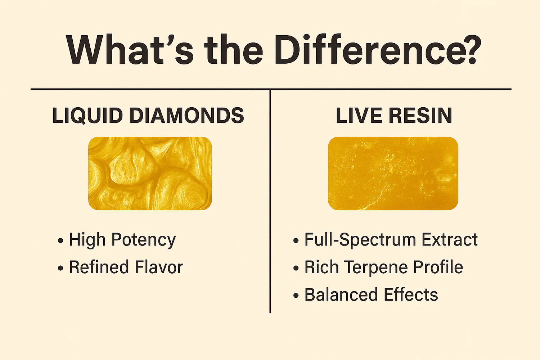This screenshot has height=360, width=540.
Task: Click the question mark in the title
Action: (x=468, y=50)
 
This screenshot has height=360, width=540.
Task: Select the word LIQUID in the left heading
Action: (x=88, y=116)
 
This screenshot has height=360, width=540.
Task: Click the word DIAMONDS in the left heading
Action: (x=186, y=116)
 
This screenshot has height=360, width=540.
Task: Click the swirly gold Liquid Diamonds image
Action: (x=150, y=173)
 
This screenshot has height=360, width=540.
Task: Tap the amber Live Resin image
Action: (x=393, y=173)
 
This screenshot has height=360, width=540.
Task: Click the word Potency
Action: (x=143, y=240)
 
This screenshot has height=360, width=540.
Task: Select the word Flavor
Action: (x=159, y=267)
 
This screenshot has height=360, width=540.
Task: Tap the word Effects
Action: (x=411, y=295)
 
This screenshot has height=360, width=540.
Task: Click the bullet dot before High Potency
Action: (x=60, y=241)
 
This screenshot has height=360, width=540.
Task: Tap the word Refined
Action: (x=99, y=267)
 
